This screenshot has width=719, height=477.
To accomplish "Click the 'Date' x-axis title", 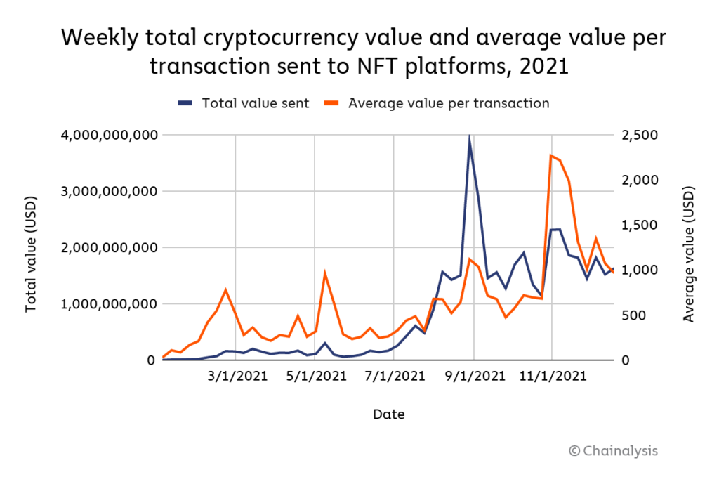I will pos(389,414).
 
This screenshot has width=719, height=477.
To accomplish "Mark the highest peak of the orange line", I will pos(551,155).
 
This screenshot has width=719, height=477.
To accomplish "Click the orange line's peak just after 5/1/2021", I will pos(324,273).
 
